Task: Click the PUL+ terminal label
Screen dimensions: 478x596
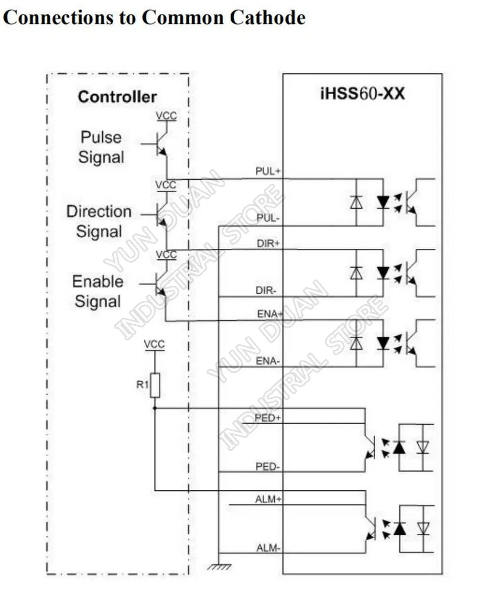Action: (x=268, y=171)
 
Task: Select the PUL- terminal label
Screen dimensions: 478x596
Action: (x=268, y=218)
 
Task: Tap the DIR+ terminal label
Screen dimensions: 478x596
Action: (x=268, y=243)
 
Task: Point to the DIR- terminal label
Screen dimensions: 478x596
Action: (x=266, y=290)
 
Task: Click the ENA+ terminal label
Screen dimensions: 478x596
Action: (x=270, y=314)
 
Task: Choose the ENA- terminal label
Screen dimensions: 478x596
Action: (x=268, y=361)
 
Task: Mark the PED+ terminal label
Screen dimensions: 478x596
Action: (x=267, y=418)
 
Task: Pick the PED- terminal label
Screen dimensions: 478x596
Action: (x=268, y=467)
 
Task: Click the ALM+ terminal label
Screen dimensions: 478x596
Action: (x=268, y=500)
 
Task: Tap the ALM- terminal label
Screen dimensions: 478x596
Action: (x=268, y=548)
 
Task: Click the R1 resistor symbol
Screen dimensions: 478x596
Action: (x=155, y=385)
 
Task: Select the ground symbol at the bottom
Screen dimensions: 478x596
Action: (x=219, y=567)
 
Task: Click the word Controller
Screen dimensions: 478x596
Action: (x=118, y=97)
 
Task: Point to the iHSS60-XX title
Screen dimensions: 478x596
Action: (x=362, y=94)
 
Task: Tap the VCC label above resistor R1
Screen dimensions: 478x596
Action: (x=154, y=344)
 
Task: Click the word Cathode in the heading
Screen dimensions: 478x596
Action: (x=268, y=17)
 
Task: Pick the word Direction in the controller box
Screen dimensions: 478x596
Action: (x=99, y=211)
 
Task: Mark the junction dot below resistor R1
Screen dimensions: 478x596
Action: (x=155, y=408)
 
